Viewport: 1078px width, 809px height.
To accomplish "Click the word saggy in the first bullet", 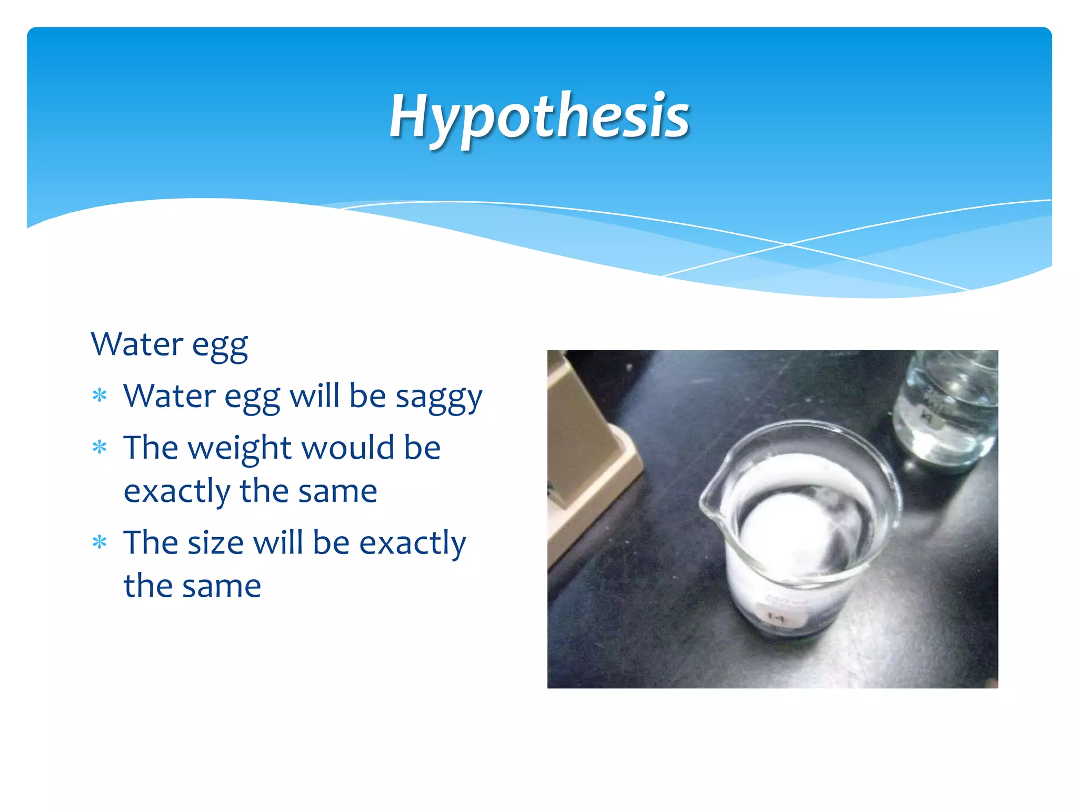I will [x=438, y=398].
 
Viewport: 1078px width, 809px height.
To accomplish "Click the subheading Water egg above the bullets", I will [x=169, y=345].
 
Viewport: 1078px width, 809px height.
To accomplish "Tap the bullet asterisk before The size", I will [x=99, y=542].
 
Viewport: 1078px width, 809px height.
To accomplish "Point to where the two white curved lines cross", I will [x=788, y=244].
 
